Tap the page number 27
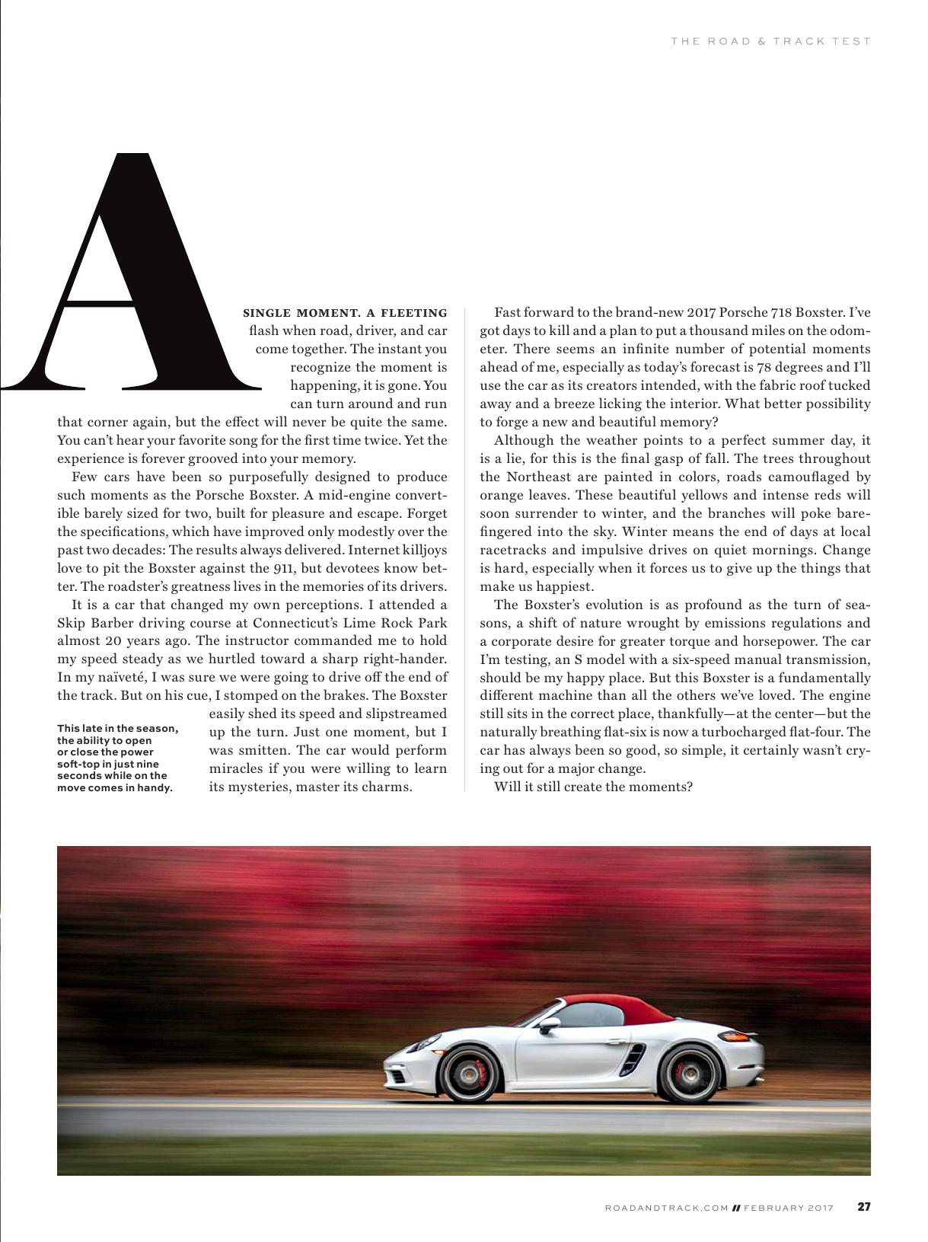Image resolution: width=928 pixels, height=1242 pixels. pos(864,1207)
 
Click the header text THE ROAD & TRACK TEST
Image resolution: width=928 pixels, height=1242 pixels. pos(770,41)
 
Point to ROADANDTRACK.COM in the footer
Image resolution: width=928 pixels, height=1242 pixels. pos(667,1208)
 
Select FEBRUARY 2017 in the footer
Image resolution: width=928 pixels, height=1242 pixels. pos(789,1208)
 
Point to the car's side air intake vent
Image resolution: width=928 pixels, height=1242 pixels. pos(633,1059)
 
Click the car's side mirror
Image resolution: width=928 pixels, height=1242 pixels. pos(548,1024)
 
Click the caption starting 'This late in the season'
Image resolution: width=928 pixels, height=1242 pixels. pos(118,758)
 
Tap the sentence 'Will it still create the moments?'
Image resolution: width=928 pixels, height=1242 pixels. pos(593,787)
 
